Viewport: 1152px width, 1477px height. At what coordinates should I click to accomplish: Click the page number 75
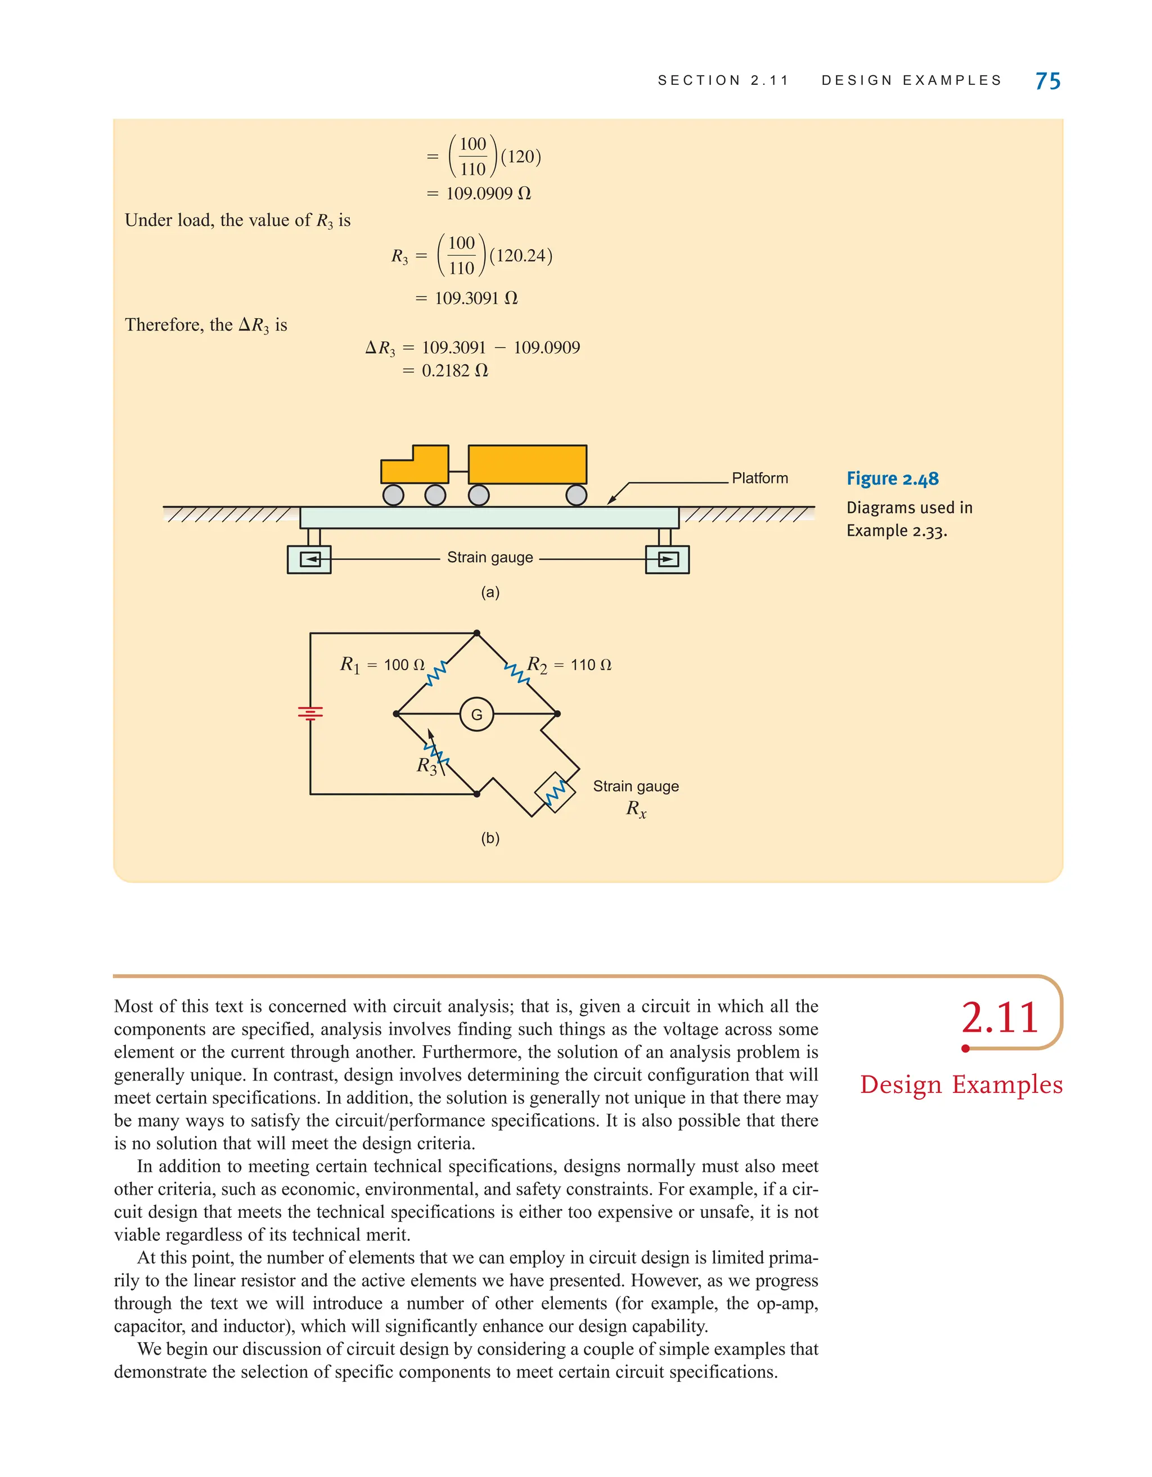(1047, 81)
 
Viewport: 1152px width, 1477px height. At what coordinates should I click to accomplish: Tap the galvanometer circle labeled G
(476, 714)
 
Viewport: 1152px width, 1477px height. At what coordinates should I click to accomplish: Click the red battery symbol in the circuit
(310, 713)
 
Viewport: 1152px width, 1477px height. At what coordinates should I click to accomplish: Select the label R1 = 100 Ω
(382, 665)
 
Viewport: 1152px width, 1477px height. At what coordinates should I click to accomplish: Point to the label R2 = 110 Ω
(569, 665)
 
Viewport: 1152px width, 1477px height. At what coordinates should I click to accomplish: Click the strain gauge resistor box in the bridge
(555, 792)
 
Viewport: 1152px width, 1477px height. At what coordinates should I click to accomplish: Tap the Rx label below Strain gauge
(636, 809)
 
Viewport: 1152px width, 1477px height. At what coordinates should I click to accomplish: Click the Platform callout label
(760, 478)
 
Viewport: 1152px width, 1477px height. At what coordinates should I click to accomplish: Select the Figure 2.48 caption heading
(892, 479)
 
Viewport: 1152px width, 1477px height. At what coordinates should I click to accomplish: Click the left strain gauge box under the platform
(309, 559)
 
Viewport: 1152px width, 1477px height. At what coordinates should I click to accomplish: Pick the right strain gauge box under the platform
(667, 559)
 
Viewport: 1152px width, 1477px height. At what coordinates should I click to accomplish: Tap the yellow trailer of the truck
(527, 464)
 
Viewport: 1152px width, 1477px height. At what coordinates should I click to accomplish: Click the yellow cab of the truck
(415, 464)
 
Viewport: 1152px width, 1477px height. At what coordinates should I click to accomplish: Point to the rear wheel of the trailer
(575, 495)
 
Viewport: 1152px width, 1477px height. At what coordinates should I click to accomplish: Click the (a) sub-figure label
(490, 593)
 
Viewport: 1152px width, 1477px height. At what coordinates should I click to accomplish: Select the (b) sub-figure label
(490, 839)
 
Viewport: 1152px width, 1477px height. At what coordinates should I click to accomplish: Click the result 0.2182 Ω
(454, 371)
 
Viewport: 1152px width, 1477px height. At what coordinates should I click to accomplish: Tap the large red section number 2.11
(999, 1018)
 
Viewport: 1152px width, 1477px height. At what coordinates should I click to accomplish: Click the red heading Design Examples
(961, 1085)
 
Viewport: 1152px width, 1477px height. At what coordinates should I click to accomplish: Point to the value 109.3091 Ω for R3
(475, 298)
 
